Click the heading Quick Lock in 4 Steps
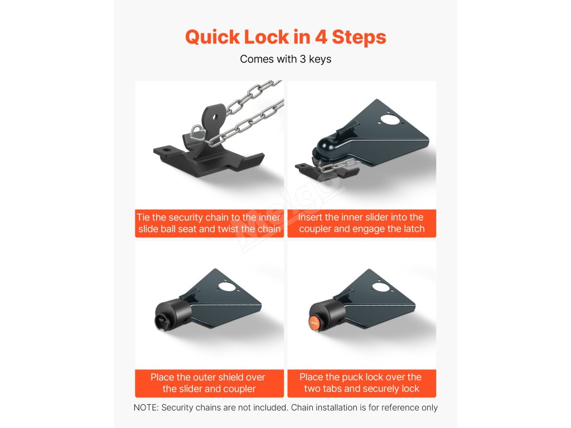click(x=285, y=37)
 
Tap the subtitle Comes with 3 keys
click(x=285, y=59)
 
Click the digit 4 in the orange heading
click(x=321, y=37)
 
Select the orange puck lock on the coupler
click(x=314, y=323)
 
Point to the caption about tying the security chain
click(x=209, y=223)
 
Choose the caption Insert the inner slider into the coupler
click(x=361, y=223)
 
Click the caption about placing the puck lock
click(x=361, y=383)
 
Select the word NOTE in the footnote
click(x=146, y=407)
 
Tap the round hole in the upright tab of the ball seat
click(x=215, y=117)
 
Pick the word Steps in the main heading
click(x=359, y=37)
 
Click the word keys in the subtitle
click(x=320, y=59)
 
